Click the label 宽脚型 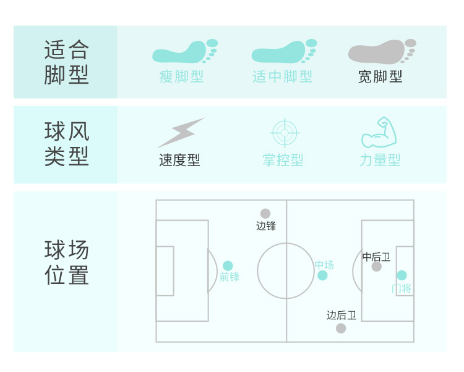pyautogui.click(x=380, y=77)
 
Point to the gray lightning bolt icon pyautogui.click(x=181, y=133)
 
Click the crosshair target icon pyautogui.click(x=285, y=132)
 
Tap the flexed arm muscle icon pyautogui.click(x=378, y=132)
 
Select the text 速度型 pyautogui.click(x=179, y=160)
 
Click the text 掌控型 pyautogui.click(x=283, y=160)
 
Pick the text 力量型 pyautogui.click(x=380, y=160)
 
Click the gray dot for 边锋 pyautogui.click(x=265, y=214)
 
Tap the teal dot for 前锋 pyautogui.click(x=228, y=266)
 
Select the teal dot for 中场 pyautogui.click(x=322, y=275)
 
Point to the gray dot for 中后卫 pyautogui.click(x=377, y=267)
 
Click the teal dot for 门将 pyautogui.click(x=402, y=275)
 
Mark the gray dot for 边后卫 pyautogui.click(x=341, y=328)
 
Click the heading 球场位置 pyautogui.click(x=67, y=263)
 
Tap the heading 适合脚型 pyautogui.click(x=67, y=62)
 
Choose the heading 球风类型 pyautogui.click(x=67, y=144)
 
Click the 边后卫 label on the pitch pyautogui.click(x=342, y=316)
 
